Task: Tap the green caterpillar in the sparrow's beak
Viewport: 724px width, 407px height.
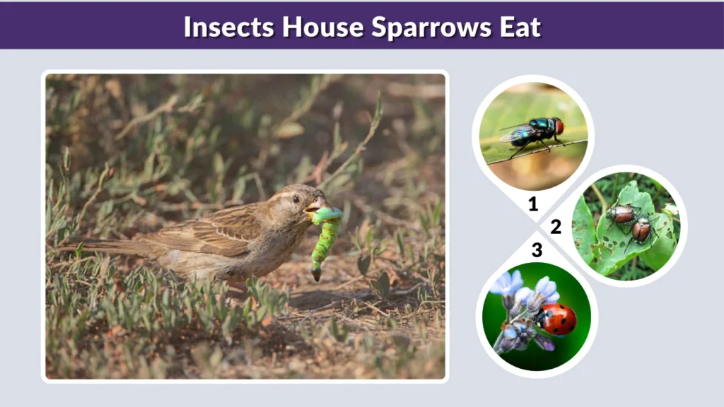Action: pyautogui.click(x=325, y=237)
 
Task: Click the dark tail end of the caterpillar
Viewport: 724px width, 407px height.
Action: pyautogui.click(x=316, y=274)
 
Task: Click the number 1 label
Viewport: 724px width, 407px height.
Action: pyautogui.click(x=533, y=204)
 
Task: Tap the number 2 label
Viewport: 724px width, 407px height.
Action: pyautogui.click(x=556, y=226)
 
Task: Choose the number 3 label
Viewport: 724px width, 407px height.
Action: pyautogui.click(x=537, y=249)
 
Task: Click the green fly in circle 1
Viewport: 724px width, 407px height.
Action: pyautogui.click(x=532, y=131)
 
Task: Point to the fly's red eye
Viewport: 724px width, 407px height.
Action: pyautogui.click(x=559, y=126)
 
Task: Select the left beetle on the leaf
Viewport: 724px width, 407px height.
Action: pyautogui.click(x=622, y=215)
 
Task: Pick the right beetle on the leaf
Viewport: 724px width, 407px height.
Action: pyautogui.click(x=642, y=229)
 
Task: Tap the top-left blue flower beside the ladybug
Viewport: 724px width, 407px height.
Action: pyautogui.click(x=507, y=284)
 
